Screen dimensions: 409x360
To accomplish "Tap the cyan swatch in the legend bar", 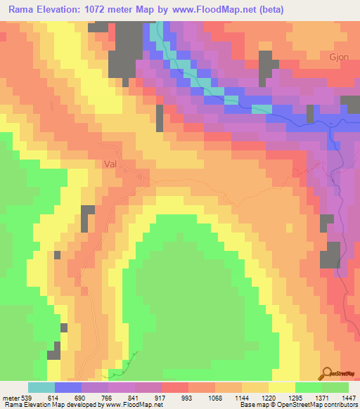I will (41, 387).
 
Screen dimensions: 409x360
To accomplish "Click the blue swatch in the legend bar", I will (68, 387).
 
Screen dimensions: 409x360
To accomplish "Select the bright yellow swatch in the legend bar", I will (282, 387).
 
